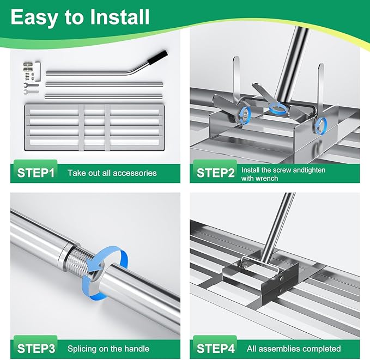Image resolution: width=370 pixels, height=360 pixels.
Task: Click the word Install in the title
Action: click(x=120, y=17)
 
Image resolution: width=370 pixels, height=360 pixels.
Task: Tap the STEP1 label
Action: click(x=36, y=173)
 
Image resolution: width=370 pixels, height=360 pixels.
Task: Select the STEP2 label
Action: click(x=215, y=173)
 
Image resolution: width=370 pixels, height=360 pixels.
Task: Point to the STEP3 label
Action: click(x=36, y=349)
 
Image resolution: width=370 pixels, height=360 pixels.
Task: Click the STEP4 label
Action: click(x=216, y=349)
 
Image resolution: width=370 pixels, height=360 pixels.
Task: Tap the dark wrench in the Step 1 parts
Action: click(x=31, y=85)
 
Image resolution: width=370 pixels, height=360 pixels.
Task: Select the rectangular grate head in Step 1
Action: click(x=94, y=127)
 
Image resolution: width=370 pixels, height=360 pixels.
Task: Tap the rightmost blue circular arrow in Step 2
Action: click(x=320, y=125)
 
